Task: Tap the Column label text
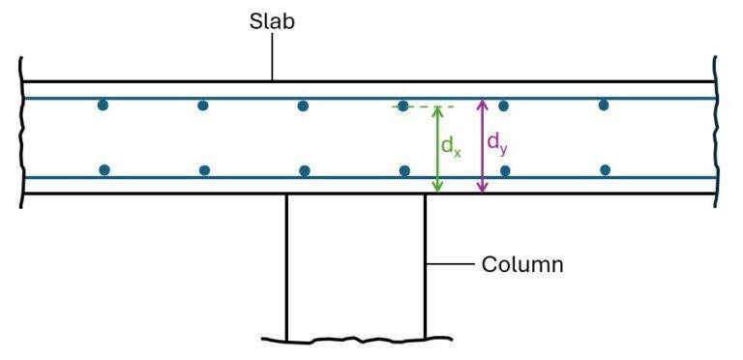click(521, 264)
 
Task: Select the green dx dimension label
click(451, 146)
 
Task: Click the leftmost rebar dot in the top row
click(103, 105)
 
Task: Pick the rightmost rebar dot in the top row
click(604, 105)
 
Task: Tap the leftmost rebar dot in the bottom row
click(104, 169)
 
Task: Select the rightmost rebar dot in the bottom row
click(606, 169)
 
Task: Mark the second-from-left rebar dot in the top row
click(203, 105)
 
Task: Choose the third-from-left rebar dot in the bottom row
click(305, 170)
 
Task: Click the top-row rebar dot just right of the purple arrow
click(503, 105)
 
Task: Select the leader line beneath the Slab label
click(272, 60)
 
